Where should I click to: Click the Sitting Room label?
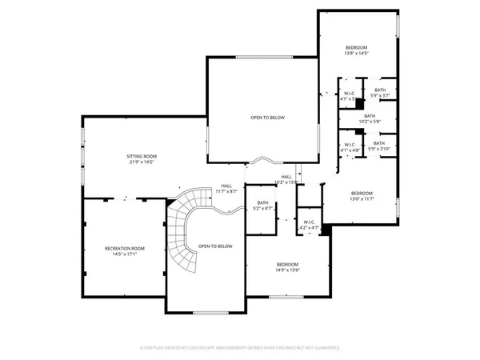pyautogui.click(x=142, y=156)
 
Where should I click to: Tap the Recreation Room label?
pyautogui.click(x=124, y=248)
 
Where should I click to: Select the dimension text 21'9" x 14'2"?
pyautogui.click(x=142, y=162)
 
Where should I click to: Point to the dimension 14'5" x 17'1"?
pyautogui.click(x=124, y=254)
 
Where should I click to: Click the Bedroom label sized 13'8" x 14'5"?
pyautogui.click(x=358, y=48)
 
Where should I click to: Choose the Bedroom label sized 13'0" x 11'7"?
pyautogui.click(x=362, y=193)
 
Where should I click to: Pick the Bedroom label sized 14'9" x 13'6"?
pyautogui.click(x=288, y=264)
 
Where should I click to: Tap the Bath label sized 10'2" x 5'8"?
pyautogui.click(x=369, y=116)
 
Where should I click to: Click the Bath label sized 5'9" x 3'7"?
pyautogui.click(x=379, y=90)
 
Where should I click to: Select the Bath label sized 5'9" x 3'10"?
pyautogui.click(x=378, y=143)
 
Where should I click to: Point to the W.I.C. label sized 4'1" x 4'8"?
pyautogui.click(x=350, y=144)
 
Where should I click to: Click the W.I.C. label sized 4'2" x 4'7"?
pyautogui.click(x=309, y=222)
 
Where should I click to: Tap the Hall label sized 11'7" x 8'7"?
pyautogui.click(x=227, y=186)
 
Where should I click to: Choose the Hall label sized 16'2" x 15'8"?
pyautogui.click(x=286, y=177)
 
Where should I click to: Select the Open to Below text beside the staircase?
pyautogui.click(x=215, y=246)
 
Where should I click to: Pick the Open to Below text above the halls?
pyautogui.click(x=267, y=118)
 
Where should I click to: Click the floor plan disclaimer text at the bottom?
pyautogui.click(x=240, y=348)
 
